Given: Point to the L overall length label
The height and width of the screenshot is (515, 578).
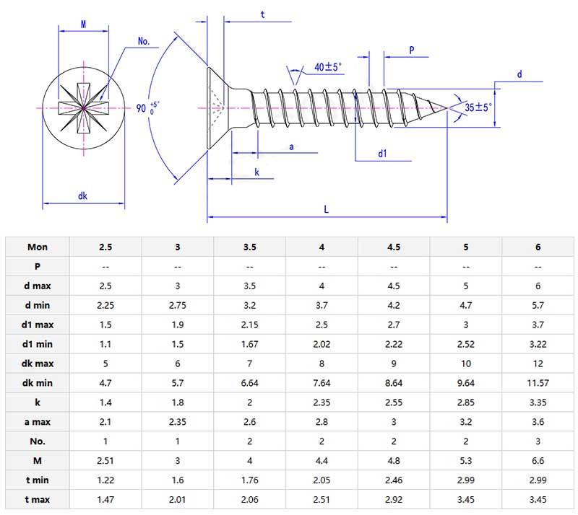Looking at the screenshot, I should coord(327,208).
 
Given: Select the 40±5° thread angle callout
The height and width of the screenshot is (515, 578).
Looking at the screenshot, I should coord(328,67).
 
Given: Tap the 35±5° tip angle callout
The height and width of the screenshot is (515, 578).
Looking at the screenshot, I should coord(478,107).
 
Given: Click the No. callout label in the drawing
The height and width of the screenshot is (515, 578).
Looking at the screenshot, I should coord(144,42).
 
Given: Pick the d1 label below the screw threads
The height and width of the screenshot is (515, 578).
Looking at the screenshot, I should coord(382,154).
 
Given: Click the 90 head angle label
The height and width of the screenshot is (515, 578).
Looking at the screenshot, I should coord(141,109).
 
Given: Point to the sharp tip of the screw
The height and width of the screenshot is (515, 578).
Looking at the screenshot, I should coord(447,108).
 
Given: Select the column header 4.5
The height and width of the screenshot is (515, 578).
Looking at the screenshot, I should coord(394,247).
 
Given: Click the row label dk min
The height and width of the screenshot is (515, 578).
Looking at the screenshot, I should coord(38,383).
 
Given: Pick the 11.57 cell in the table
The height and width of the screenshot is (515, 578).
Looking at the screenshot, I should coord(538,383).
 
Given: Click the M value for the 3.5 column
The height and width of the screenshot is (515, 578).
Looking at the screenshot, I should coord(249,461).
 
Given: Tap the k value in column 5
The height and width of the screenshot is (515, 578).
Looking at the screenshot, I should coord(466,402).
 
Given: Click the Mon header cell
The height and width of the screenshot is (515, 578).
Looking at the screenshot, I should coord(38,247).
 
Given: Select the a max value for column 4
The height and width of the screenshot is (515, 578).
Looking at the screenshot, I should coord(322,422).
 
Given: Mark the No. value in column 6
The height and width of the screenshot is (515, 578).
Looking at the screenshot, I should coord(538,441).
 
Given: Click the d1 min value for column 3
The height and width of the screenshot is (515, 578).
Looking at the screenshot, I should coord(178,344).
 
